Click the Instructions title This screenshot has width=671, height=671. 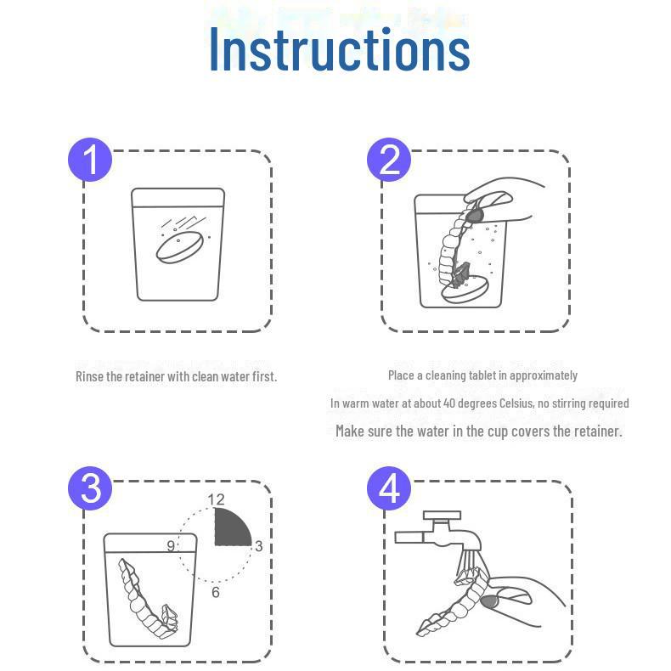pyautogui.click(x=340, y=48)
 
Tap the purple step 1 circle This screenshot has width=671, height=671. pyautogui.click(x=90, y=160)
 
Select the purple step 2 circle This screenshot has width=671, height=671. pyautogui.click(x=388, y=160)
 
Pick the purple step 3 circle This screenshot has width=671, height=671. pyautogui.click(x=90, y=488)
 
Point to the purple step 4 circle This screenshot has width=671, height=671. pyautogui.click(x=388, y=488)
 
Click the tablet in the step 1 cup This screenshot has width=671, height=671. pyautogui.click(x=180, y=247)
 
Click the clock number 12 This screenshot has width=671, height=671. pyautogui.click(x=216, y=499)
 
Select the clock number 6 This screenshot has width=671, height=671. pyautogui.click(x=216, y=592)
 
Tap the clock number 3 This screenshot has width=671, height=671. pyautogui.click(x=258, y=546)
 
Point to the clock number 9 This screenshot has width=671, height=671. pyautogui.click(x=171, y=546)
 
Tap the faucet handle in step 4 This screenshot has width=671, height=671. pyautogui.click(x=442, y=516)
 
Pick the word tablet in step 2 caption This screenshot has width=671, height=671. pyautogui.click(x=488, y=375)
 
